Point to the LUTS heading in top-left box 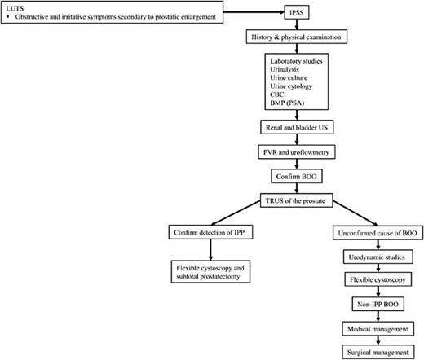point(13,6)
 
